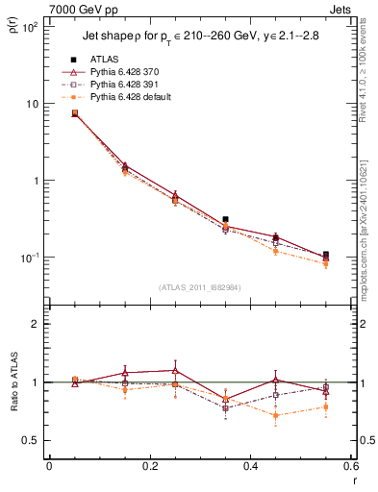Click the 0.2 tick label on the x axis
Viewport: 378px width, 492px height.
point(149,467)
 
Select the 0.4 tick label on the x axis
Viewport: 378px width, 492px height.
point(250,467)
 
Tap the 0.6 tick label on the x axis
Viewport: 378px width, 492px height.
point(349,467)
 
